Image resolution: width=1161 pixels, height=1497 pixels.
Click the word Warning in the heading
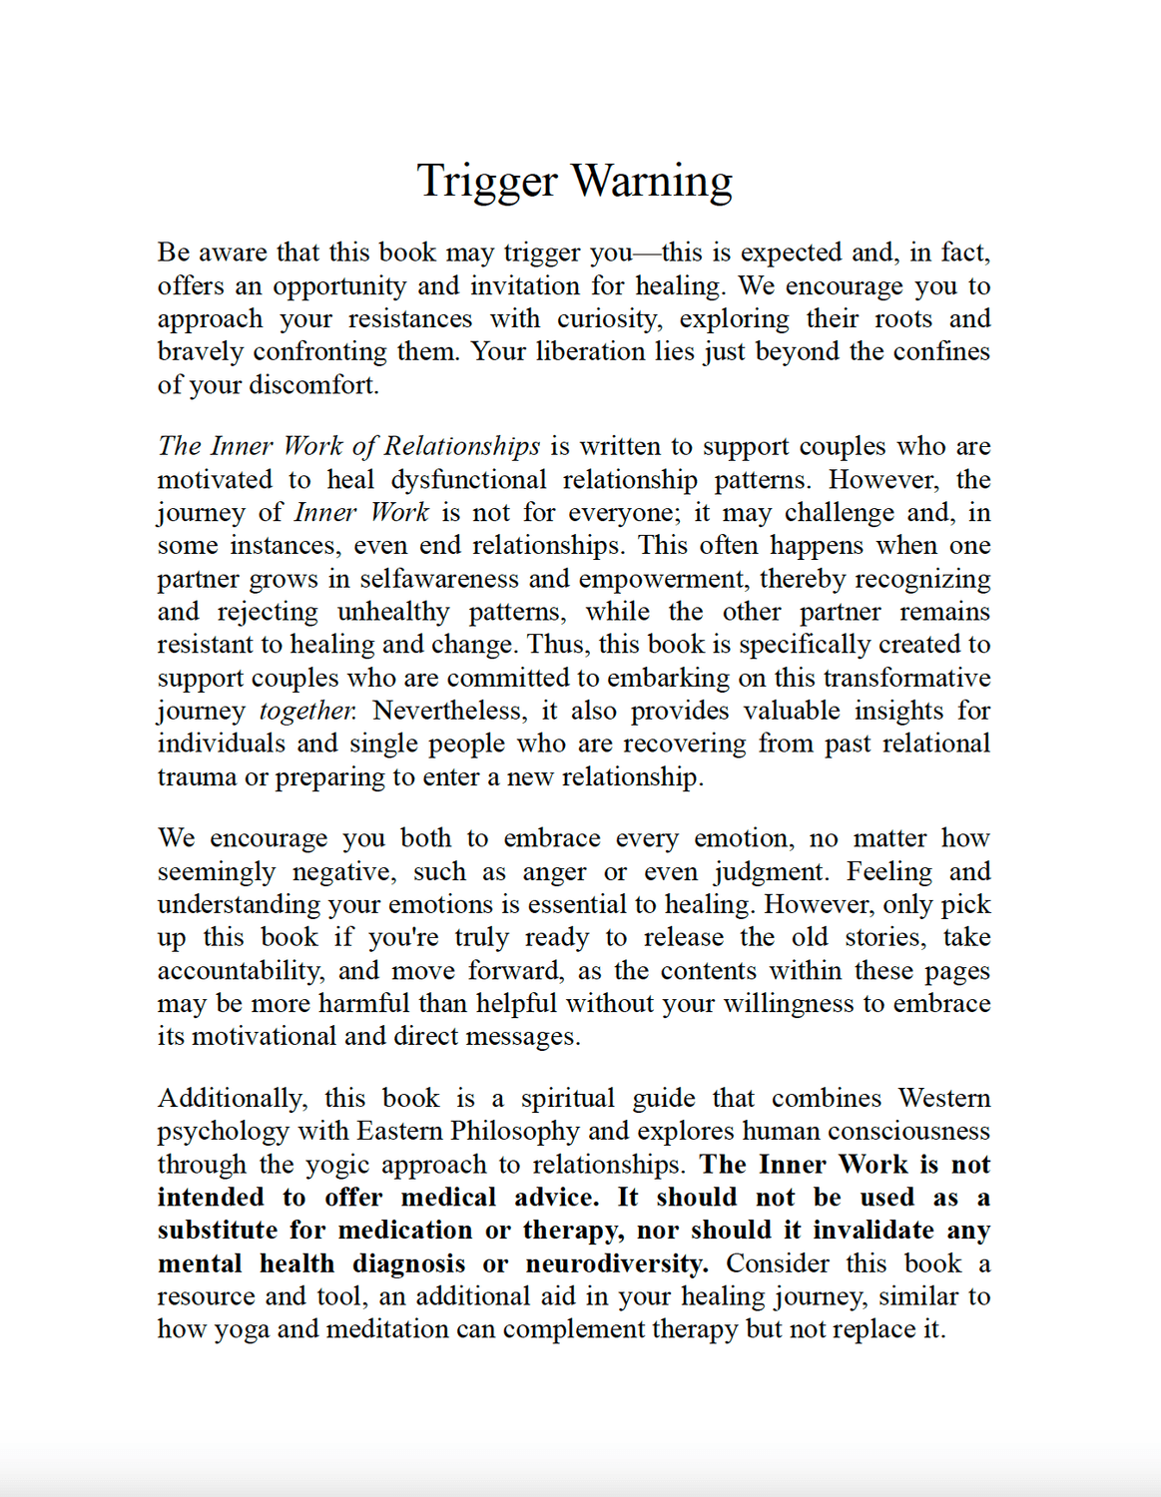[652, 182]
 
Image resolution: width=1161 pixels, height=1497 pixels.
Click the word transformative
[906, 678]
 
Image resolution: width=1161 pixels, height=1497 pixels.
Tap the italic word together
[306, 711]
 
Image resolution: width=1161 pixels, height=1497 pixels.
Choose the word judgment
[771, 872]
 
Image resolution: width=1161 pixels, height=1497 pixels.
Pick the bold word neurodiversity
[617, 1263]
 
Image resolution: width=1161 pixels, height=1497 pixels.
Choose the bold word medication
[405, 1231]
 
